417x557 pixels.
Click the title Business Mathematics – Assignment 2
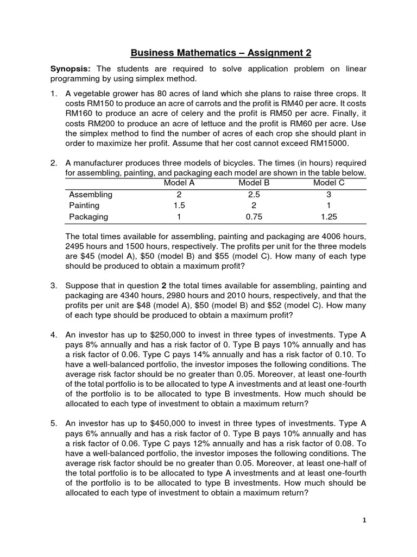click(221, 53)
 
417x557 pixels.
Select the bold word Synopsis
click(71, 69)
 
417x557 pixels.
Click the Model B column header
click(254, 183)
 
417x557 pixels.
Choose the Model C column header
click(328, 183)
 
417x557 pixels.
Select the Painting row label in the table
click(84, 206)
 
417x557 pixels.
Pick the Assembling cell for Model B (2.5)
click(254, 194)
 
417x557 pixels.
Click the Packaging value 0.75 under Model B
click(254, 216)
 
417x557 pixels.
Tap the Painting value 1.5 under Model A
click(179, 206)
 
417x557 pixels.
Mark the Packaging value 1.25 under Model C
click(328, 216)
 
